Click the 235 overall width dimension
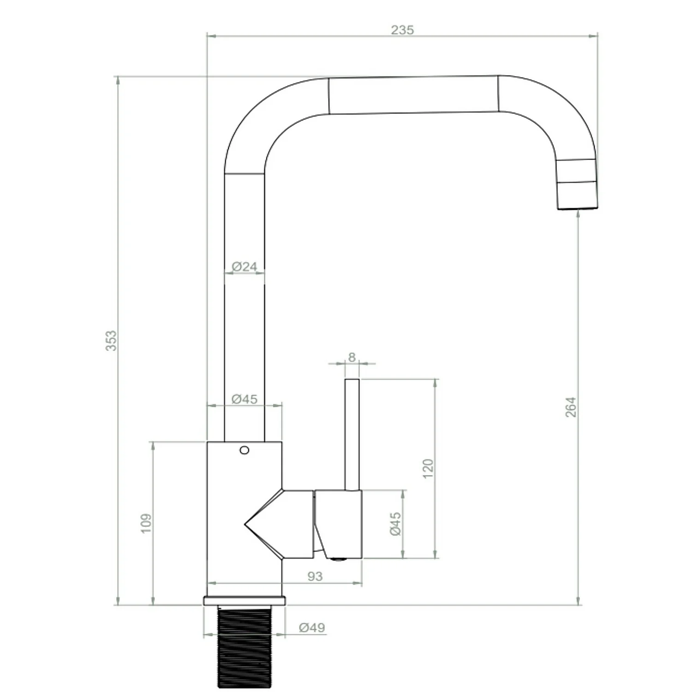402,30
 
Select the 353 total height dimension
111,340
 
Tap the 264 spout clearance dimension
571,406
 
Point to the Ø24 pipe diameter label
244,267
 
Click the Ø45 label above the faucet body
244,399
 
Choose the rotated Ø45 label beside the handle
395,524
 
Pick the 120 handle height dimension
428,468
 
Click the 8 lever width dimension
352,357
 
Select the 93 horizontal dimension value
315,576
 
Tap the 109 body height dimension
146,524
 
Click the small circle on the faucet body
244,450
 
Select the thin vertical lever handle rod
352,434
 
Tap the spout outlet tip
578,206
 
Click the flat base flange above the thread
244,601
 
